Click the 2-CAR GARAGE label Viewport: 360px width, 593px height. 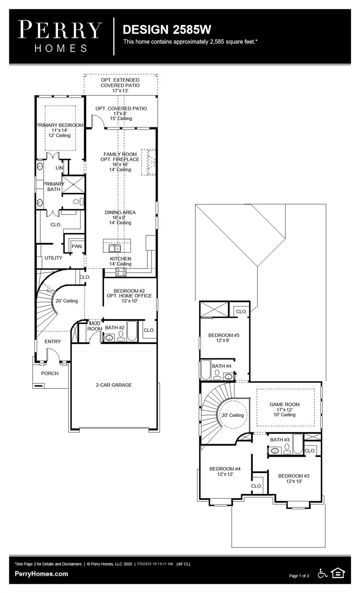[114, 385]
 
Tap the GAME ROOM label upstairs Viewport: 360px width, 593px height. [285, 405]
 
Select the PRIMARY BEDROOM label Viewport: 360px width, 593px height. [59, 125]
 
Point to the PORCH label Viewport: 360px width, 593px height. [50, 373]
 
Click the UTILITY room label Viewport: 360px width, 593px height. [53, 258]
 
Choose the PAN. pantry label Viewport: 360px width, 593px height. [77, 246]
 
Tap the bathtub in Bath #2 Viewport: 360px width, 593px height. [132, 332]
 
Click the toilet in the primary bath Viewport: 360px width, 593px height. [78, 202]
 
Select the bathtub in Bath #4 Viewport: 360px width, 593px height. [205, 370]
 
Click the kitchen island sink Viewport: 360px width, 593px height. [114, 247]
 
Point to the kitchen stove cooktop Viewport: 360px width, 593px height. [121, 272]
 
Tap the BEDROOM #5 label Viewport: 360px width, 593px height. [224, 335]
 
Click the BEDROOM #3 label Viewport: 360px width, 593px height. [294, 476]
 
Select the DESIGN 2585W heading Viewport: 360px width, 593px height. [167, 30]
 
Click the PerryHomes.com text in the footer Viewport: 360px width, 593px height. [41, 574]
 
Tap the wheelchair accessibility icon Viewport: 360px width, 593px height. [323, 573]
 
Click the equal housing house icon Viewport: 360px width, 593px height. [338, 573]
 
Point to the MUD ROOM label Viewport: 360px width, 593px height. [95, 326]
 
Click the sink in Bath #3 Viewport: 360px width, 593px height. [275, 451]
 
